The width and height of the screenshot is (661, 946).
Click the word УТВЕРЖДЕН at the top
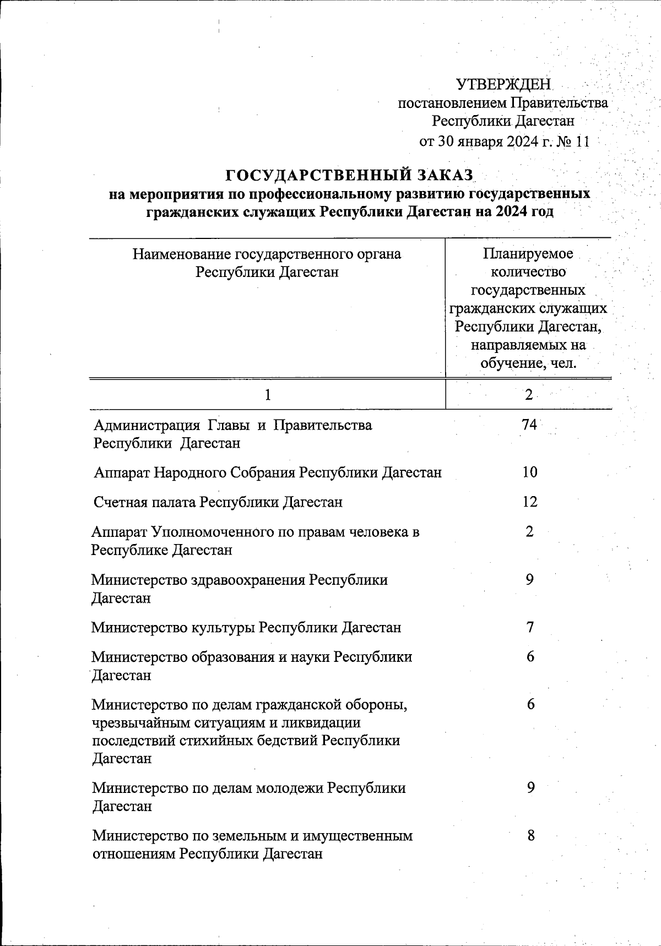(503, 84)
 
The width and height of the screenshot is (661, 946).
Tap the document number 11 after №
(582, 142)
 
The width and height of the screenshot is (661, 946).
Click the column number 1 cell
(267, 395)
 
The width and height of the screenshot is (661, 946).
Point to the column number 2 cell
(529, 395)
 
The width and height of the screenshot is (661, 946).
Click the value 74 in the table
(529, 425)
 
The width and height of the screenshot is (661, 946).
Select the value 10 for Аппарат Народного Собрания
(530, 472)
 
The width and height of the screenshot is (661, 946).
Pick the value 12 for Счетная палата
(530, 502)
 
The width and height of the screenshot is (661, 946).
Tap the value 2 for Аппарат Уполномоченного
(530, 532)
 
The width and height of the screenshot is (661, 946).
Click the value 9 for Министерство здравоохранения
(530, 579)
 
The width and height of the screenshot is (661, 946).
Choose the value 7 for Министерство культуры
(530, 627)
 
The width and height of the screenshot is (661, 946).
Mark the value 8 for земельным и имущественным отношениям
(530, 836)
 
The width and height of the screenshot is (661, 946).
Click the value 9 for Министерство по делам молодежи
(530, 788)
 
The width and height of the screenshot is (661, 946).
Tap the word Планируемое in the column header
(528, 254)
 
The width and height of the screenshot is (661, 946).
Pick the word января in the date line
(476, 142)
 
